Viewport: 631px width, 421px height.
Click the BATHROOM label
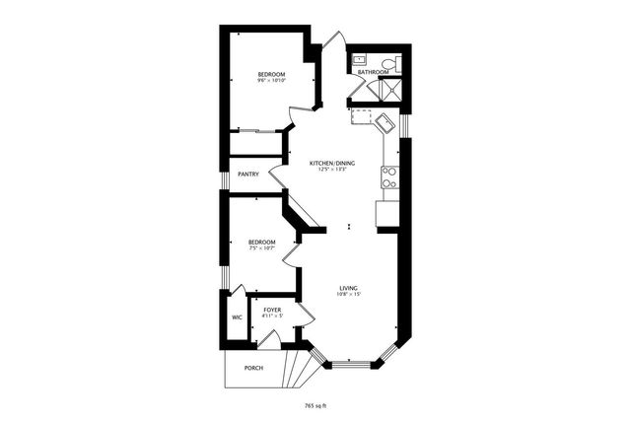pos(373,72)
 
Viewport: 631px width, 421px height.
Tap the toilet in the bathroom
pos(392,61)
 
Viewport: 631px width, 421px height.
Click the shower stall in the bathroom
pos(388,90)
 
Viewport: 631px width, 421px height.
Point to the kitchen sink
pos(383,123)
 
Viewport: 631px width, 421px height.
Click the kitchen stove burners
pos(388,177)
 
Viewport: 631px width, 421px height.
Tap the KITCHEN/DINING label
pos(331,163)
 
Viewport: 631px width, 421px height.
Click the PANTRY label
pos(248,175)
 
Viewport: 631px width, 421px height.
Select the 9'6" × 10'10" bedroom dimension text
pos(271,81)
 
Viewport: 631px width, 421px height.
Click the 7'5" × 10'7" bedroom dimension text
pos(261,248)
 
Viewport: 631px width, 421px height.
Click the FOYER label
pos(272,311)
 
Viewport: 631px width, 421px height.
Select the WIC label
pos(237,317)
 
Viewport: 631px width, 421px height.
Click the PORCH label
pos(253,369)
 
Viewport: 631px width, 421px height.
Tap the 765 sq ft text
pos(315,404)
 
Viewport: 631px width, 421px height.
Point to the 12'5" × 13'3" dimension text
pos(331,170)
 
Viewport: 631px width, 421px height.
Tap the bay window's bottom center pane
pos(349,366)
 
